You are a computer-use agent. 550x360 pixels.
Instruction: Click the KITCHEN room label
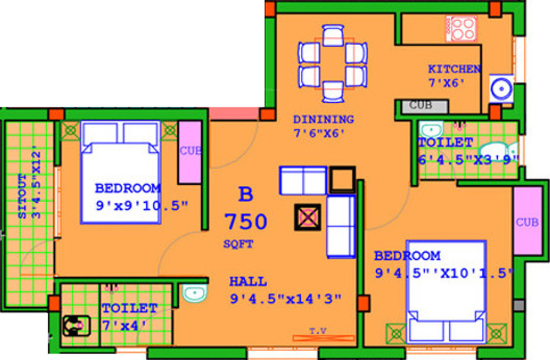tap(454, 69)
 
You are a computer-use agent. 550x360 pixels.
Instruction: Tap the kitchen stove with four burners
tap(461, 28)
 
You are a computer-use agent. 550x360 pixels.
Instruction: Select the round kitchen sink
tap(502, 88)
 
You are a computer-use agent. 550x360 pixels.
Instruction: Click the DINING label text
tap(323, 119)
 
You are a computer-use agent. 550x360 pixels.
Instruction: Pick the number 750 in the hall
tap(246, 222)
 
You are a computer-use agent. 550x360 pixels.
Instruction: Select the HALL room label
tap(248, 281)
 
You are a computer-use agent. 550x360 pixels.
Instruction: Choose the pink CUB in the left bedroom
tap(190, 151)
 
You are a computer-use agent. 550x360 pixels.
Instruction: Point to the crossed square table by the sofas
tap(307, 217)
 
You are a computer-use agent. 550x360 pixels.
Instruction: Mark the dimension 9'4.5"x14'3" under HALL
tap(285, 299)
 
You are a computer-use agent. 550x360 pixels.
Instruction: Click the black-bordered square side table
tap(342, 179)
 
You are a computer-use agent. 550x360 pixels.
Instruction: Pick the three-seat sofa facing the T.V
tap(341, 226)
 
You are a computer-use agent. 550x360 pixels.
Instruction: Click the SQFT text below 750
tap(238, 245)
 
